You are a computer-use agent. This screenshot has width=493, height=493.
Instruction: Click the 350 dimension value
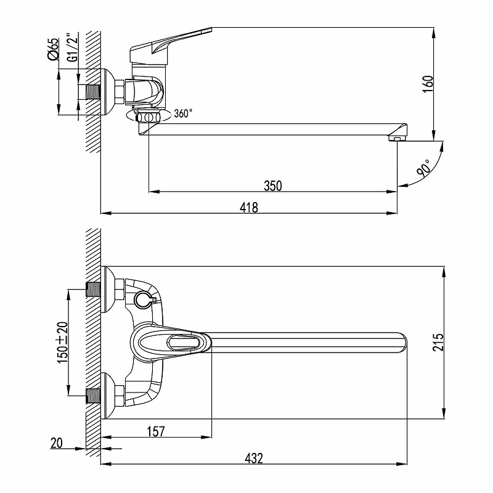(272, 185)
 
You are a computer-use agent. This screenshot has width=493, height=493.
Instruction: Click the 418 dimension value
(249, 208)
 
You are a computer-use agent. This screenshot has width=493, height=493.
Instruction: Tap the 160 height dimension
(428, 84)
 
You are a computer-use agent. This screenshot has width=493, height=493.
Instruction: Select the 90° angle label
(423, 167)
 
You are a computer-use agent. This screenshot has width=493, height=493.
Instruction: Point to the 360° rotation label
(183, 113)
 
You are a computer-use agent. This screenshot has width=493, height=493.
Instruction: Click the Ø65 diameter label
(53, 49)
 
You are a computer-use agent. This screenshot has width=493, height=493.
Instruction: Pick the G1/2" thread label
(73, 47)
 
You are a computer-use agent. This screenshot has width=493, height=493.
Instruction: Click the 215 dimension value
(438, 343)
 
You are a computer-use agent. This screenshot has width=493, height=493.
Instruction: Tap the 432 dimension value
(254, 458)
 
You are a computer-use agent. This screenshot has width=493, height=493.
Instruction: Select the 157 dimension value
(156, 431)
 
